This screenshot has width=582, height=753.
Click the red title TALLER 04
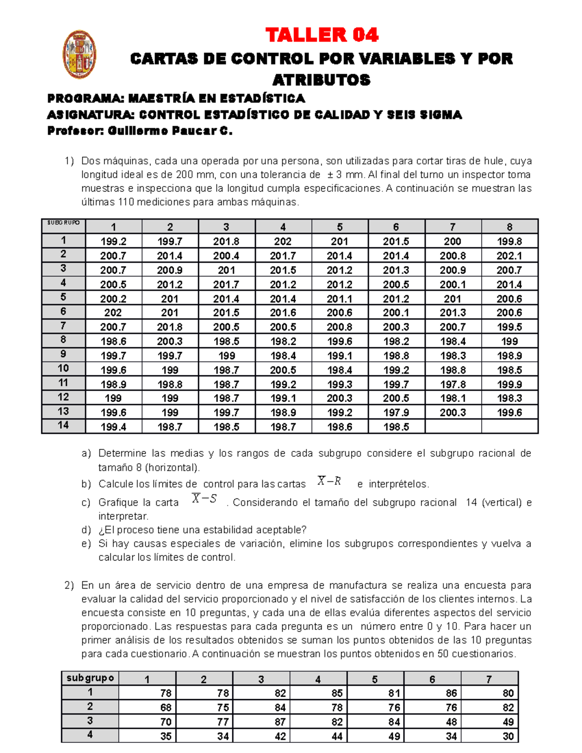(x=322, y=35)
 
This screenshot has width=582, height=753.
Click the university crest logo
(x=80, y=54)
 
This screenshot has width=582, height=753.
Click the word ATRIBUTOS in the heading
(x=322, y=80)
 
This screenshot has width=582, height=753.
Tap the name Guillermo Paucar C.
(x=170, y=131)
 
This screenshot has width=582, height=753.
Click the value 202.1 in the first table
(x=509, y=256)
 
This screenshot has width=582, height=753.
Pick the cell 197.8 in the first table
(x=453, y=384)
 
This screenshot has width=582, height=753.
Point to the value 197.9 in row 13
(x=396, y=413)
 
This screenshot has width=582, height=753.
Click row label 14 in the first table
(x=64, y=425)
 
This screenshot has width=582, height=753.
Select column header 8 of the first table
(x=509, y=227)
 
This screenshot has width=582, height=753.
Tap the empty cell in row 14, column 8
(x=509, y=427)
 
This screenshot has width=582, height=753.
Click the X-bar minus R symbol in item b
(x=329, y=481)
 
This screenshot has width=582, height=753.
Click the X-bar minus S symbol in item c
(x=204, y=498)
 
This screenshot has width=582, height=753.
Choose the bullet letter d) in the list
(x=86, y=530)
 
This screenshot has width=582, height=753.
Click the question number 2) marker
(x=69, y=585)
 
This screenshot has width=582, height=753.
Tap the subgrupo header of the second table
(x=90, y=678)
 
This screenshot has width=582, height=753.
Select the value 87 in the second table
(x=280, y=721)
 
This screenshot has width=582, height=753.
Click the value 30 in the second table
(x=508, y=736)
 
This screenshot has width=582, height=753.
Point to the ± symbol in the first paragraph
(x=329, y=175)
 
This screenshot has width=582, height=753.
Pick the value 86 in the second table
(x=451, y=693)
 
